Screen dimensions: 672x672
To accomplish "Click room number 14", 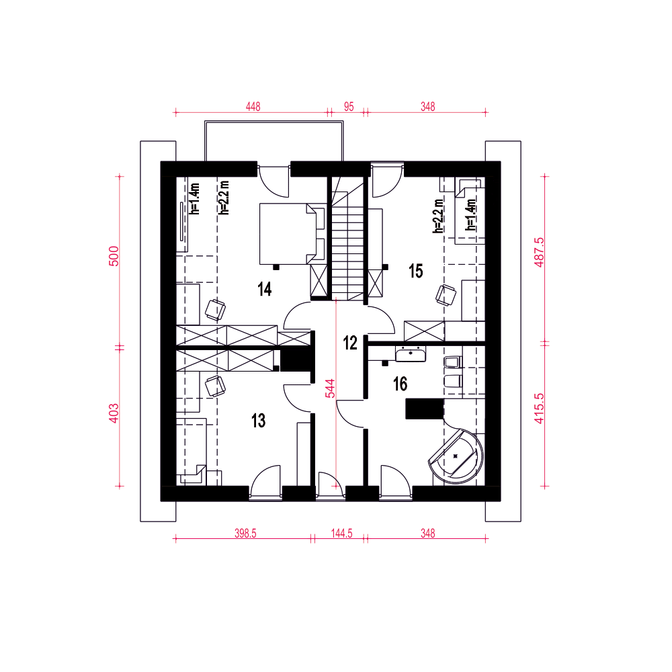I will pos(265,290).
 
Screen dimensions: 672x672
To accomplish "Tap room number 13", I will pos(259,421).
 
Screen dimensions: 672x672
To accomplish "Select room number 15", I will pos(416,271).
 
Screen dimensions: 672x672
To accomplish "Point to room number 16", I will pos(401,384).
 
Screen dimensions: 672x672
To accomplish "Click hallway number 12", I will pos(350,343).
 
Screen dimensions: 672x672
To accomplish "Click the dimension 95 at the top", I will pos(349,106).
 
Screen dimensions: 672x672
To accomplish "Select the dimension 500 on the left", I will pos(114,256).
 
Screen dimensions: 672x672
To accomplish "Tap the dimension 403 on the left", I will pos(114,413).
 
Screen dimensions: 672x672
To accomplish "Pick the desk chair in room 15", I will pos(446,294).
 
